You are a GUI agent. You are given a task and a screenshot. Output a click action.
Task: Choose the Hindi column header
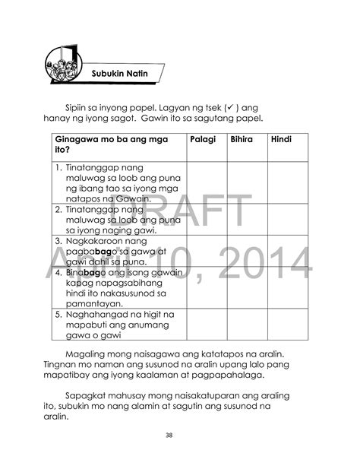pos(281,141)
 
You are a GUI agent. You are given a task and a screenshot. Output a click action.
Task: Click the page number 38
pos(179,436)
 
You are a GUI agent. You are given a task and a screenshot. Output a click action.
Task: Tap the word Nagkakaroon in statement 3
pos(98,240)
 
